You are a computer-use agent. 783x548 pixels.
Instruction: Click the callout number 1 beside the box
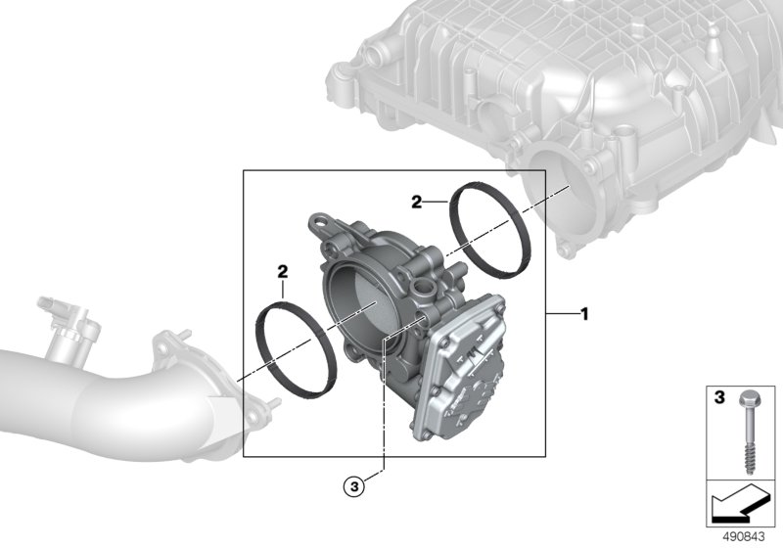pos(584,315)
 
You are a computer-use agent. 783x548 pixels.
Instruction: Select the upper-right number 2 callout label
pos(417,203)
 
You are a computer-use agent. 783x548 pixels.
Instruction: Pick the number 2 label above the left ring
pos(282,268)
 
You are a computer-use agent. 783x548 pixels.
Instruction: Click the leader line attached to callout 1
pos(562,315)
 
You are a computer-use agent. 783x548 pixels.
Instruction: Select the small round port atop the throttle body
pos(423,289)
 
